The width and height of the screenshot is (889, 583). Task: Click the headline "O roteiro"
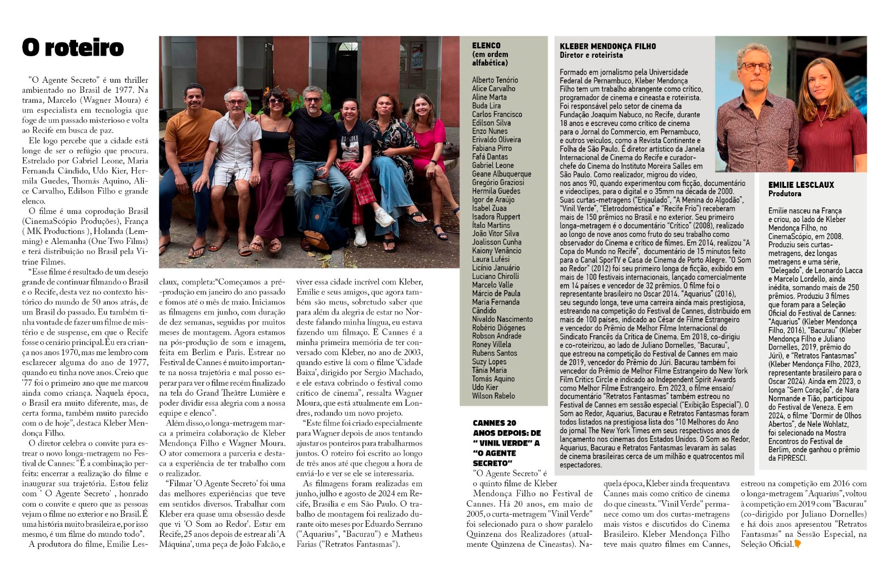click(73, 48)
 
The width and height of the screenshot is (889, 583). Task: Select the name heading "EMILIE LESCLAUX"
click(801, 185)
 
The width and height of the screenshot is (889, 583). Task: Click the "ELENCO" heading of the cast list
click(486, 46)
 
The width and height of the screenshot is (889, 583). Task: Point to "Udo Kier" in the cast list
click(485, 387)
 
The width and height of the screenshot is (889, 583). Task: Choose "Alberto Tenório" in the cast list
click(495, 80)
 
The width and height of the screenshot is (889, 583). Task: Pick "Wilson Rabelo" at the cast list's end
click(493, 396)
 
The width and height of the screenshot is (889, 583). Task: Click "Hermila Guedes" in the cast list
click(496, 191)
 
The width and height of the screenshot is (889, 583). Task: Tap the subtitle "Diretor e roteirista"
click(591, 55)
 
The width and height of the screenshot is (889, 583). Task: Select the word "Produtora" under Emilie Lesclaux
click(785, 193)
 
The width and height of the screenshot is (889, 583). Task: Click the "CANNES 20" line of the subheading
click(495, 423)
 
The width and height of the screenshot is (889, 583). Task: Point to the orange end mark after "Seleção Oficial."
click(798, 544)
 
